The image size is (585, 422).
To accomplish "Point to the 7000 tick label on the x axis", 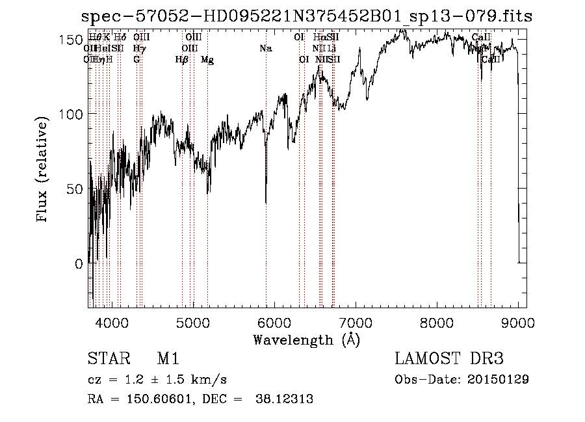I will pyautogui.click(x=356, y=321).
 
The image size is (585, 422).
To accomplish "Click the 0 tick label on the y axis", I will pyautogui.click(x=79, y=264).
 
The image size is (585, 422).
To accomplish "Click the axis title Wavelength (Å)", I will pyautogui.click(x=305, y=339).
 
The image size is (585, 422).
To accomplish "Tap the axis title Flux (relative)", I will pyautogui.click(x=43, y=170).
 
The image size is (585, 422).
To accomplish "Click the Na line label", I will pyautogui.click(x=265, y=49).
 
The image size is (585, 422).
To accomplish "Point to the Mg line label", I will pyautogui.click(x=207, y=60).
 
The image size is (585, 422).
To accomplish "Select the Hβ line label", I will pyautogui.click(x=182, y=60).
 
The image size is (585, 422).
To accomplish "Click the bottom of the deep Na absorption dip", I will pyautogui.click(x=266, y=202).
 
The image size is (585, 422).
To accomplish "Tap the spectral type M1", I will pyautogui.click(x=168, y=360).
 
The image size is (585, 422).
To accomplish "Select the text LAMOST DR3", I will pyautogui.click(x=449, y=360).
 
